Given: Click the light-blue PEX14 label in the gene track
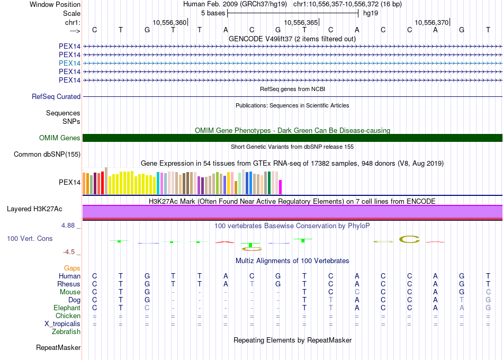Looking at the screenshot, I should pos(70,63).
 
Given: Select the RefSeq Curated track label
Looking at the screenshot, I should pos(56,97).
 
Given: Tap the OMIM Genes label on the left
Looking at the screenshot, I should pos(60,138).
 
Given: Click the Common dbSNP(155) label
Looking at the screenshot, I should pos(48,155).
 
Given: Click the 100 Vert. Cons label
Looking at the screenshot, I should pos(30,239).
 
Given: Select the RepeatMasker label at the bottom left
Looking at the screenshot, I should pos(58,348).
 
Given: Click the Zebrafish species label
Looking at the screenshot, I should pos(66,332).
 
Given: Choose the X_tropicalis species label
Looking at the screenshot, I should pos(62,324).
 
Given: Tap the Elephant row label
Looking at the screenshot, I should pos(67,308).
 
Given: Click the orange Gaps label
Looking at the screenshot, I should pos(72,268).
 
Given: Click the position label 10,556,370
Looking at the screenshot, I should pos(432,22).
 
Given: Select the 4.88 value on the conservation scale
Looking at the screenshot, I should pos(69,226).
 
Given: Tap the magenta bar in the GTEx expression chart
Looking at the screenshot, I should pos(281,187).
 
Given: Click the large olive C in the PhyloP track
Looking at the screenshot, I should pos(409,239).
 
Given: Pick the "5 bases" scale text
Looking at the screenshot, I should pos(213,13).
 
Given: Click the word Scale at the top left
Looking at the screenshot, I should pos(71,13).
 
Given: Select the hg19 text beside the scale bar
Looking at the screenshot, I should pos(370,13).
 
